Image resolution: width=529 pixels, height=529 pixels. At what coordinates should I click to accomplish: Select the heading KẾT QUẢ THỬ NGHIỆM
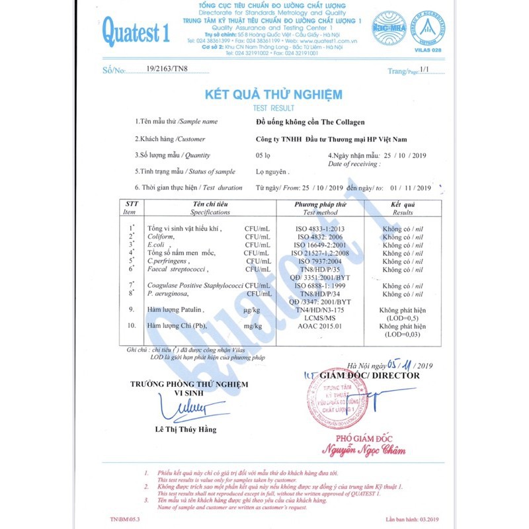click(273, 94)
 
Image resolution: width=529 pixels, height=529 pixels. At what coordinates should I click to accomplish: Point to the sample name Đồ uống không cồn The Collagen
click(310, 122)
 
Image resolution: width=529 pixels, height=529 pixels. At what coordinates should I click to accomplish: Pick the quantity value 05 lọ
click(264, 155)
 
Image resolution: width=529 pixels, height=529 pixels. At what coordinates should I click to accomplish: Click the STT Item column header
click(130, 208)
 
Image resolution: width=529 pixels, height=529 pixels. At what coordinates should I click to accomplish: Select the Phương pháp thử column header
click(320, 208)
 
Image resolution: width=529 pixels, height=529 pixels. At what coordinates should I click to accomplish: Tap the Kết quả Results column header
click(403, 208)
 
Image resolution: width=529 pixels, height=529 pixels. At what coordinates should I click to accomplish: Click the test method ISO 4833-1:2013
click(320, 228)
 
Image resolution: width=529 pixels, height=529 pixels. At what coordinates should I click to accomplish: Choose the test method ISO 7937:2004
click(320, 261)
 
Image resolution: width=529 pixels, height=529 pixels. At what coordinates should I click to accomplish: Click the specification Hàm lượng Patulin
click(175, 309)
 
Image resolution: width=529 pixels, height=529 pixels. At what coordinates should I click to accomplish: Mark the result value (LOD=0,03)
click(402, 335)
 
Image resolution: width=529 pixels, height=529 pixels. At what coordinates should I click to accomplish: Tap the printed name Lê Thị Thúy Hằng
click(185, 430)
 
